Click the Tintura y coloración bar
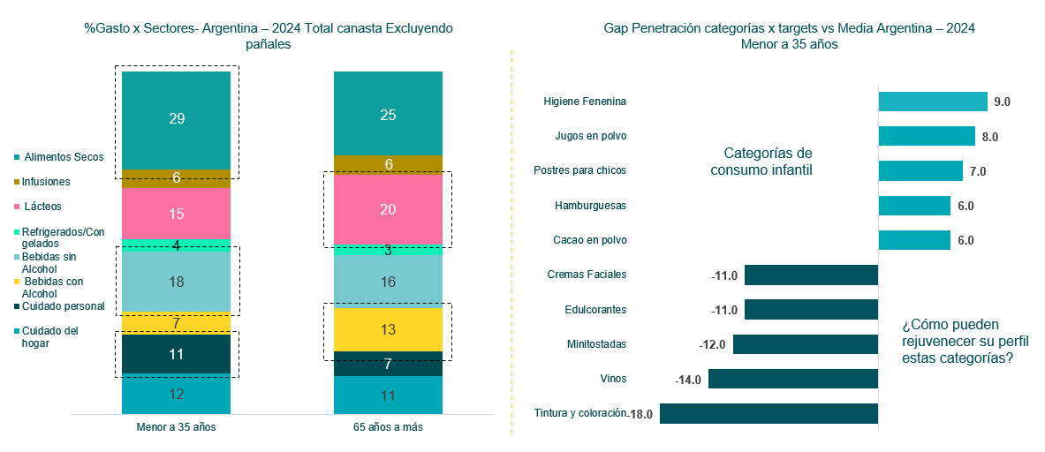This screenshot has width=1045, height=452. (x=769, y=413)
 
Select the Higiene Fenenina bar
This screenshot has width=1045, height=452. (x=932, y=102)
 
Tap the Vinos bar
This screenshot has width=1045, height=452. (x=792, y=379)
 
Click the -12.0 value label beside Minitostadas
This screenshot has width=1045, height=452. (x=712, y=344)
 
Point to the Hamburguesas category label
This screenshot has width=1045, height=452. (x=590, y=206)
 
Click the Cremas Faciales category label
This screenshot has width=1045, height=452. (x=587, y=275)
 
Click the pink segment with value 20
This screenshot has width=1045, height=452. (x=388, y=209)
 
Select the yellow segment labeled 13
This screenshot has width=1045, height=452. (x=388, y=329)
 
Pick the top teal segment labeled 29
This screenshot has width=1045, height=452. (x=176, y=119)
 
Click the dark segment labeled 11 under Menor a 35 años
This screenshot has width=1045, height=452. (x=176, y=354)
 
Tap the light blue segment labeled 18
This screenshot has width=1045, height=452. (x=176, y=282)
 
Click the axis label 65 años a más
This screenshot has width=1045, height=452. (x=388, y=426)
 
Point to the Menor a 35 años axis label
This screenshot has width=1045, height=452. (x=176, y=426)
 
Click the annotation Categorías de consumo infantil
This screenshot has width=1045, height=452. (x=761, y=162)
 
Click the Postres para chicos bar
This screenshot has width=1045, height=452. (x=920, y=170)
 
